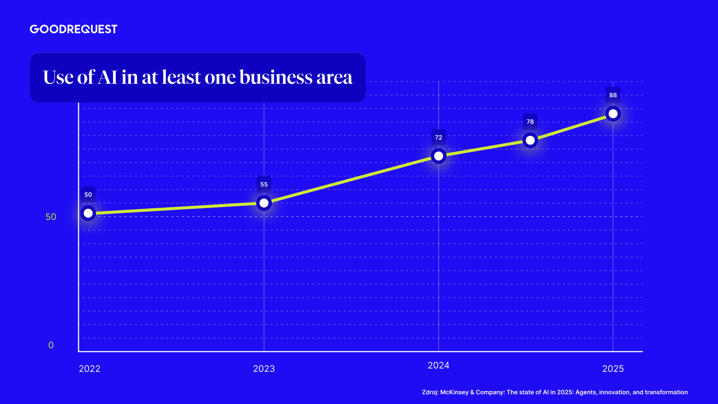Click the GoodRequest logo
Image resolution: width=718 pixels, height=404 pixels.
pos(74,29)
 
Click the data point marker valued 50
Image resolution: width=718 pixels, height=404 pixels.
pos(88,213)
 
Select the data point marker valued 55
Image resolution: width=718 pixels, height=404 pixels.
pos(264,203)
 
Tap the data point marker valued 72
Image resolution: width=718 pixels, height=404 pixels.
pos(439,156)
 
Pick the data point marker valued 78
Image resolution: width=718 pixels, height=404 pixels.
pos(530,140)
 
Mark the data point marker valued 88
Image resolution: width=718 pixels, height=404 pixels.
pos(613,113)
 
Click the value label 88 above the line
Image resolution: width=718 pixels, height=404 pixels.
pos(613,95)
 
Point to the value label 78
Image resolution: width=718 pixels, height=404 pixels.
pos(530,122)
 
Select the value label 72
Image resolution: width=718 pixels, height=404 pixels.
pos(439,137)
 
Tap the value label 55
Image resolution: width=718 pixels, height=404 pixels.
pos(264,184)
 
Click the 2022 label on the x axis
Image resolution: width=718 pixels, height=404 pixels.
pos(90,369)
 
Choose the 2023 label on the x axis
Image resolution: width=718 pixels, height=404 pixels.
pos(264,369)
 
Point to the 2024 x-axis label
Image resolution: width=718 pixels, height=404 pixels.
pos(439,365)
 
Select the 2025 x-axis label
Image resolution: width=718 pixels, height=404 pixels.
pos(613,369)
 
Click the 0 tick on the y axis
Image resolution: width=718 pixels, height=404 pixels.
pos(51,345)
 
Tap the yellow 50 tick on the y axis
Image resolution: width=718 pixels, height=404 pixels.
pos(51,217)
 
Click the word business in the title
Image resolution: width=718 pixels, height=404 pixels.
pos(276,77)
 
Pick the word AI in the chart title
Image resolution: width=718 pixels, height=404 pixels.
pos(108,77)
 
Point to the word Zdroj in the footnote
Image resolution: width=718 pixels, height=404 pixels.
pos(430,392)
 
